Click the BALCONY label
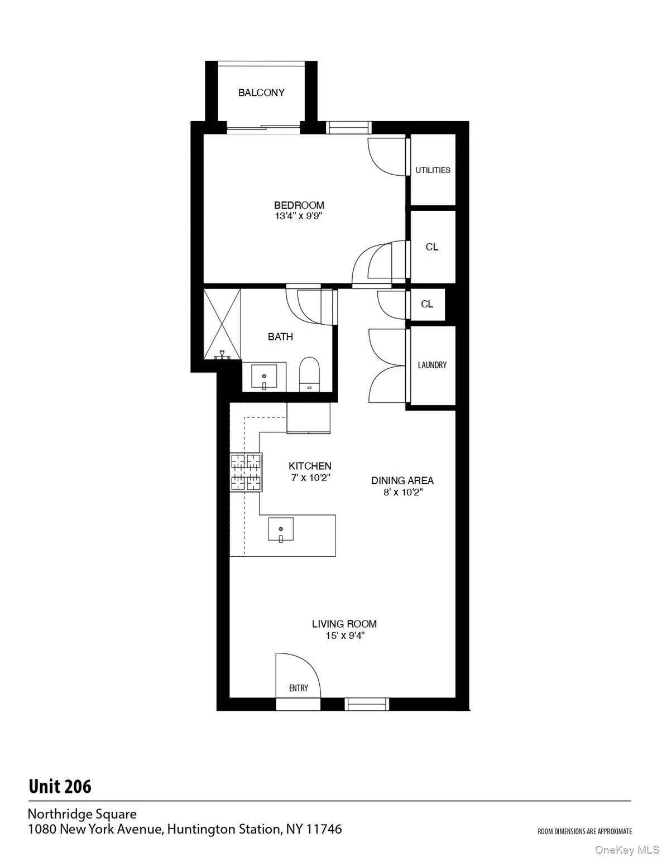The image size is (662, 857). coord(261,93)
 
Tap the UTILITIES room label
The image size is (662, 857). coord(433,170)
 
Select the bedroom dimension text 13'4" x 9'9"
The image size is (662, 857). coord(299,216)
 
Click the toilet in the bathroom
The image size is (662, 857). coord(309,374)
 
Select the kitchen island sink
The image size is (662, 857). coord(281,529)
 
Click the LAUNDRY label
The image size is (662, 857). coord(432,365)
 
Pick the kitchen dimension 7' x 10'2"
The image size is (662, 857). coord(310,478)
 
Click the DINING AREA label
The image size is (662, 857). coord(402,480)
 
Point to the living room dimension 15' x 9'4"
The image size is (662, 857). coord(344,635)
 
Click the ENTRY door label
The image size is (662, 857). coord(299,688)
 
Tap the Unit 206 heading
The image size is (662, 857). coord(60,787)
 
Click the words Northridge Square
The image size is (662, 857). coord(82,814)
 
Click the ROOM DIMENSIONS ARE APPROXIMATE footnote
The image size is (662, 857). coord(584,831)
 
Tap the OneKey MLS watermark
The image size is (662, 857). coord(627,850)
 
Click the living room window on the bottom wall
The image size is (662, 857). coord(366,704)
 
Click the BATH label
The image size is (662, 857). coord(280,336)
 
